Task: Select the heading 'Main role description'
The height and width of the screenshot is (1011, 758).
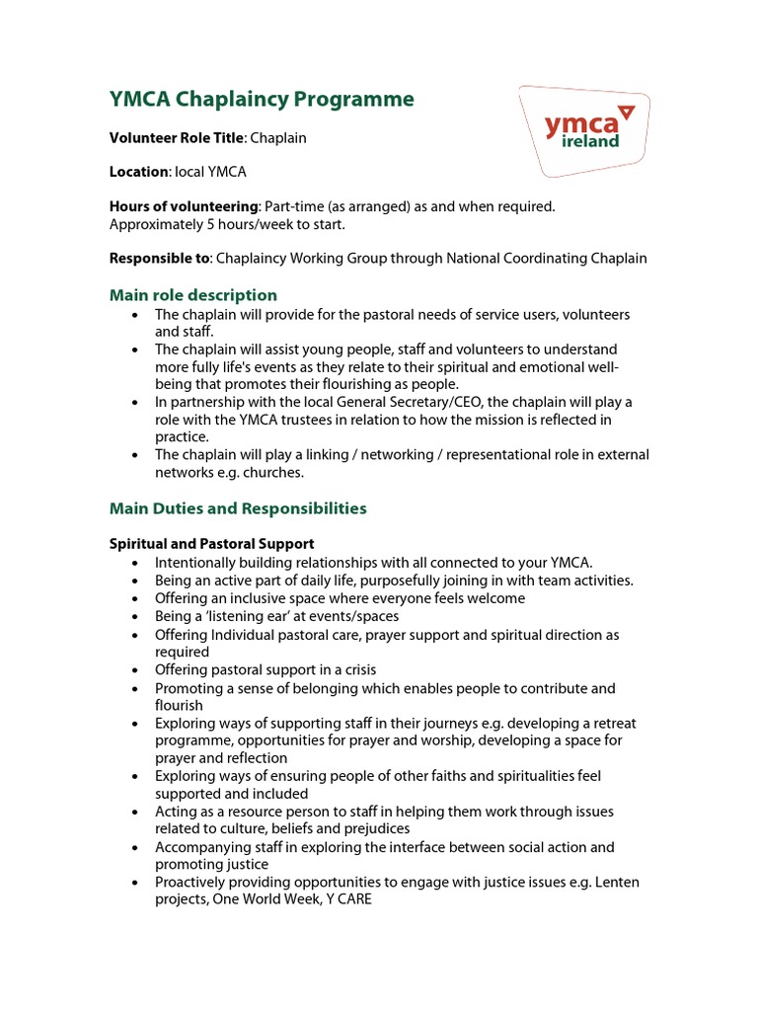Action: [x=193, y=295]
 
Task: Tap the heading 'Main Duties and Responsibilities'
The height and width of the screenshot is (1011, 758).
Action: [x=238, y=508]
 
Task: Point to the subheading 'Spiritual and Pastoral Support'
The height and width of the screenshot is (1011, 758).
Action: [x=211, y=544]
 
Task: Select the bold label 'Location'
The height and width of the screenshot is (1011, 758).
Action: [x=138, y=172]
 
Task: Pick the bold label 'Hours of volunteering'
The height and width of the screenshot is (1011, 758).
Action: [x=184, y=206]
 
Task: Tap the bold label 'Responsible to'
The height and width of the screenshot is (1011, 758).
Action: [x=159, y=259]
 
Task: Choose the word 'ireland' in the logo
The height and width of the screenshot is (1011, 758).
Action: [x=590, y=141]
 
